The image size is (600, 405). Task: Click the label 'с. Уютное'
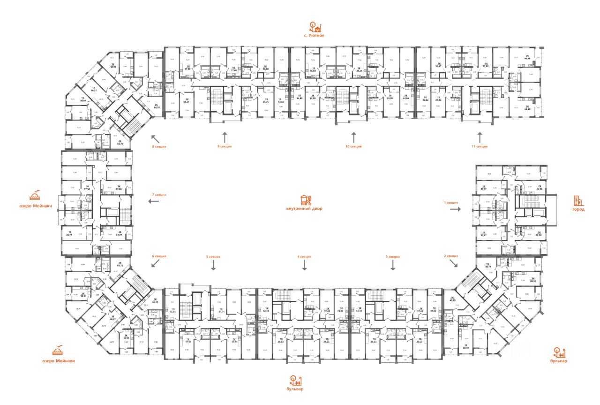click(314, 35)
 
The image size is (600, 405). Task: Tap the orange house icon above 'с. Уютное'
click(314, 26)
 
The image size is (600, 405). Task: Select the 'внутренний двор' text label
click(304, 208)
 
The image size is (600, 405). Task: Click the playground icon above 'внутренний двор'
click(305, 199)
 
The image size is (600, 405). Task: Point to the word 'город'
click(578, 209)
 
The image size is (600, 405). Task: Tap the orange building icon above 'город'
click(579, 200)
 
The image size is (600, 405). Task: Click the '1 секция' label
click(451, 202)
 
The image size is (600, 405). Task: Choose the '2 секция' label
click(451, 256)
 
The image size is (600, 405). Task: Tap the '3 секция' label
click(393, 257)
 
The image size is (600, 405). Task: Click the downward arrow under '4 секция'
click(305, 266)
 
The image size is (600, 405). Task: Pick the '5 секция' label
click(213, 257)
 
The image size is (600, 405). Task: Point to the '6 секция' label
click(159, 256)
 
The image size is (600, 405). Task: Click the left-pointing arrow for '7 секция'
click(154, 201)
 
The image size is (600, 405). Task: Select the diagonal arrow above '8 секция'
click(155, 138)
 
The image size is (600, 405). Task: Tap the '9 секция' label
click(225, 146)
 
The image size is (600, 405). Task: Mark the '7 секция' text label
click(159, 194)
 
